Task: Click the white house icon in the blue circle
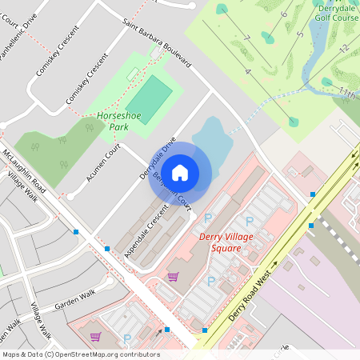click(x=180, y=172)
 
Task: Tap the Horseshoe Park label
click(x=113, y=121)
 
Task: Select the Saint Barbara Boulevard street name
click(x=156, y=43)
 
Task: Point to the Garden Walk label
click(x=74, y=300)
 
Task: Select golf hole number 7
click(x=247, y=38)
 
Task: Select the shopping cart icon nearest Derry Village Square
click(x=173, y=277)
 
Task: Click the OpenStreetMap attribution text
click(x=80, y=354)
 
